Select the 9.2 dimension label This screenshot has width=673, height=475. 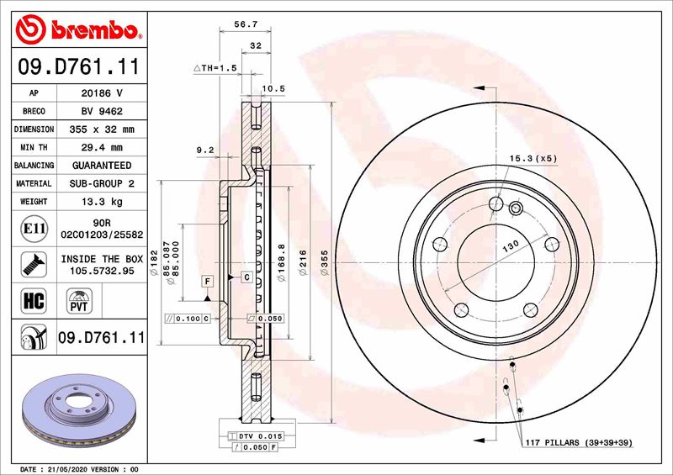205,150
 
